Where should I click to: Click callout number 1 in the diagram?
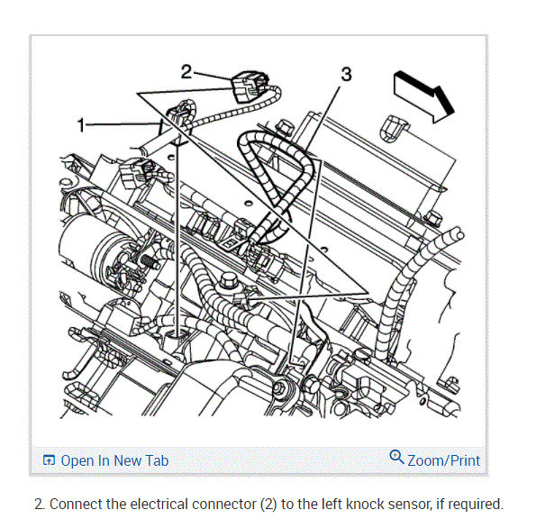[x=81, y=124]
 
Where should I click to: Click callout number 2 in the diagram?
[x=186, y=72]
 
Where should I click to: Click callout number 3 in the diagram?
[x=346, y=74]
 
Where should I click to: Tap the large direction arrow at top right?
[x=424, y=96]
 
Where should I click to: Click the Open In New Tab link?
[x=114, y=460]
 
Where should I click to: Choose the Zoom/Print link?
[x=444, y=460]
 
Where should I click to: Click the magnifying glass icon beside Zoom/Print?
[x=397, y=457]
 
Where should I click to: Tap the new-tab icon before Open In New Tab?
[x=49, y=460]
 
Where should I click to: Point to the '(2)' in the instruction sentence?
[x=268, y=505]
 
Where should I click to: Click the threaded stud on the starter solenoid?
[x=150, y=262]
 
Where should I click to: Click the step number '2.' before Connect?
[x=40, y=505]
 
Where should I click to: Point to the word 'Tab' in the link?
[x=159, y=460]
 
